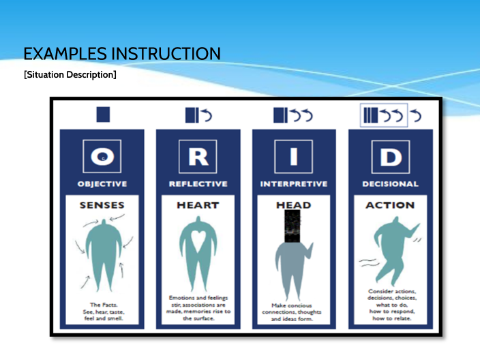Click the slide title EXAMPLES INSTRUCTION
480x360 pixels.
coord(122,53)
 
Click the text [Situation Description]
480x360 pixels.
coord(70,74)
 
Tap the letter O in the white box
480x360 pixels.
coord(102,156)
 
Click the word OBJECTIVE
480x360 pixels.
coord(102,184)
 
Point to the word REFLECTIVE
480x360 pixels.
coord(198,184)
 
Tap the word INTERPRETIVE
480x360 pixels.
coord(294,184)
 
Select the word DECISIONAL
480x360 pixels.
coord(389,184)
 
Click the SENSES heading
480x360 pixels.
coord(102,205)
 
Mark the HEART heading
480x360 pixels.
coord(198,205)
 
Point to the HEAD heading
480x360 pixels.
coord(294,205)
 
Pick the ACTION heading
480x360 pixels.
coord(389,205)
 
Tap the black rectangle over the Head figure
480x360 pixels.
coord(292,227)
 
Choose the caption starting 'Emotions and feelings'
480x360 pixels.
coord(198,307)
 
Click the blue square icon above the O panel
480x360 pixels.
coord(102,115)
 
